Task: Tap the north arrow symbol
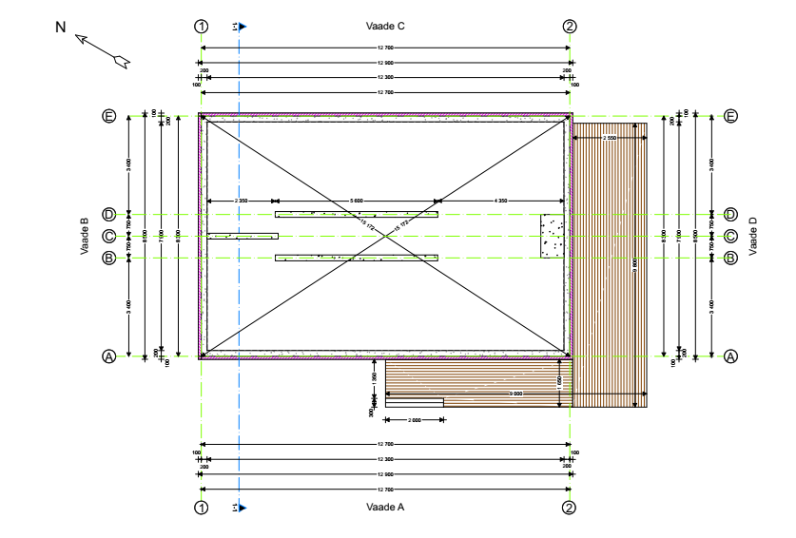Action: tap(102, 50)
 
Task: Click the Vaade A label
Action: tap(385, 508)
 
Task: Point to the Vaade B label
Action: tap(85, 237)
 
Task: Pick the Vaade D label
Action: tap(753, 236)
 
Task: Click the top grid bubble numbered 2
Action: tap(570, 26)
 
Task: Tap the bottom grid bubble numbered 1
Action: tap(201, 508)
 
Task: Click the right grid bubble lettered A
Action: tap(730, 356)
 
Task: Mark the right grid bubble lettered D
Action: tap(730, 215)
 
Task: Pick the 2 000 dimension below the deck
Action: tap(415, 419)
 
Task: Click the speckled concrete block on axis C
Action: tap(553, 236)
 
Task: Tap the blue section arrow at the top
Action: tap(243, 27)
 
